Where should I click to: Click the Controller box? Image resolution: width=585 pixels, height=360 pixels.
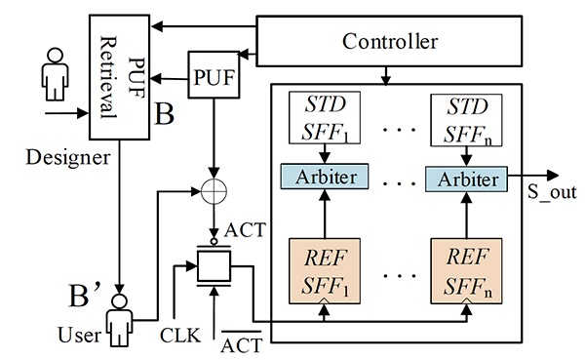[389, 41]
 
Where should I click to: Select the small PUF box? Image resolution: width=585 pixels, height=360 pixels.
[214, 75]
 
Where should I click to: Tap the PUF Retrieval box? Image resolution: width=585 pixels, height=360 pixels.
[119, 77]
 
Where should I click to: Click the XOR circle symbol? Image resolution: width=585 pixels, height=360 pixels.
[214, 191]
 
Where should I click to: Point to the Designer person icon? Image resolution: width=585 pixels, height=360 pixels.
[55, 74]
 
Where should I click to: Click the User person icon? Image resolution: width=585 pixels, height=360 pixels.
[119, 320]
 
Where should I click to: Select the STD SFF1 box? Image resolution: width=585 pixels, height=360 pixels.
[325, 117]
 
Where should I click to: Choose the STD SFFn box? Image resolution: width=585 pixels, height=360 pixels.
[466, 120]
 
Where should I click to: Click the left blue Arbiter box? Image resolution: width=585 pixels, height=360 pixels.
[325, 177]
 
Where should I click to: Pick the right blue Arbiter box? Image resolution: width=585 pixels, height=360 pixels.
[467, 180]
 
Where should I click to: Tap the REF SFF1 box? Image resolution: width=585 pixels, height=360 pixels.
[325, 271]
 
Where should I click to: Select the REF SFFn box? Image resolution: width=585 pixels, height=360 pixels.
[466, 271]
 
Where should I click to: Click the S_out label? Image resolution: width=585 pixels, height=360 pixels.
[552, 193]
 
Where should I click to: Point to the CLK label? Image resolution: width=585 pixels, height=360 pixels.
[180, 336]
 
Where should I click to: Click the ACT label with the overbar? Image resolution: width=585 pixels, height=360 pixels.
[242, 342]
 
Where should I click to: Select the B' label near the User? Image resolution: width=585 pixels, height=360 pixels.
[85, 295]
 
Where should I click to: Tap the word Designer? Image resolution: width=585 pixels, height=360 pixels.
[68, 158]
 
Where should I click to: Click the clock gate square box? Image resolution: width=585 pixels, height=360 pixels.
[214, 266]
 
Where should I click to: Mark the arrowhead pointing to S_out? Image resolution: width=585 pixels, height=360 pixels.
[553, 176]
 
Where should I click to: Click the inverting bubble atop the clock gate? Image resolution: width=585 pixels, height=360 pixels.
[214, 242]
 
